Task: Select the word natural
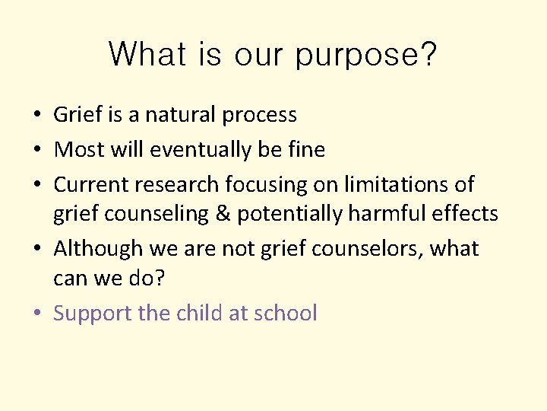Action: click(x=180, y=115)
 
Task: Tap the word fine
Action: click(x=305, y=150)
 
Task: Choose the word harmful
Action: click(x=388, y=214)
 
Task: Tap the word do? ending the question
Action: click(x=145, y=279)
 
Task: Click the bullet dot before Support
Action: click(x=37, y=314)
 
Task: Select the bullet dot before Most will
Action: click(x=37, y=151)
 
